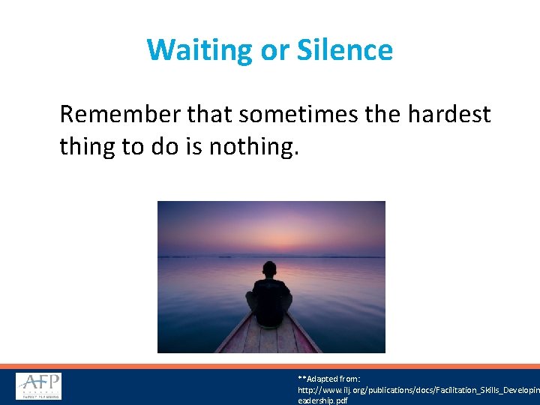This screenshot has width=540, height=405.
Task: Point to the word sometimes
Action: coord(295,114)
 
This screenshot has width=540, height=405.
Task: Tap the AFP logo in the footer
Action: coord(39,386)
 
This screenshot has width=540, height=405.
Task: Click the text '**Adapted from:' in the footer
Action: coord(329,379)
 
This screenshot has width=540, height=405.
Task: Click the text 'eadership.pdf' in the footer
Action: coord(322,400)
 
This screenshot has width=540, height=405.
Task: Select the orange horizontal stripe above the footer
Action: coord(270,366)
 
